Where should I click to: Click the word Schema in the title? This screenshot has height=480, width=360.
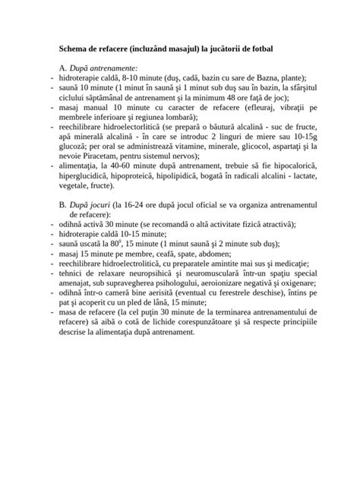76,48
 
